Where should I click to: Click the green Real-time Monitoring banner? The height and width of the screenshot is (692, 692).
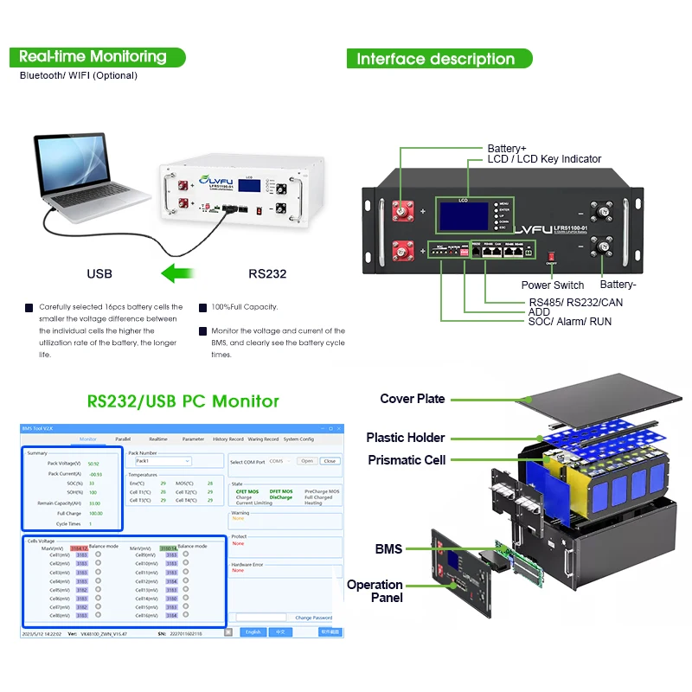coord(93,57)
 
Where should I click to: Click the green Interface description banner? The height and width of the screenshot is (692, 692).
coord(436,59)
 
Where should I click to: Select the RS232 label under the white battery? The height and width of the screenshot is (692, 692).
coord(267,274)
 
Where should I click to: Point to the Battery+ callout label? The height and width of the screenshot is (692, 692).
coord(507,149)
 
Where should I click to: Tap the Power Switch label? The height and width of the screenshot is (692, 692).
coord(553,285)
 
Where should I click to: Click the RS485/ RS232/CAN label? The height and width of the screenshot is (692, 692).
coord(575,302)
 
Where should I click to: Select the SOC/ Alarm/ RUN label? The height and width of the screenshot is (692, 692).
coord(570,322)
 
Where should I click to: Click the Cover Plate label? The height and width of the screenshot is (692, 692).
coord(413,399)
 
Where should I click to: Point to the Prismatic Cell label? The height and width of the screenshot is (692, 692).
coord(407,460)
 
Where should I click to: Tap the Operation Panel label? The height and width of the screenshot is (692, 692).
coord(375,591)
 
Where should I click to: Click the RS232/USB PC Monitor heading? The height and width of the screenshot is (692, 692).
coord(183,401)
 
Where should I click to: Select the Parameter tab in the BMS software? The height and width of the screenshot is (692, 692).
coord(193,439)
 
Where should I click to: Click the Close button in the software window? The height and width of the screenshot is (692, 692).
coord(330,461)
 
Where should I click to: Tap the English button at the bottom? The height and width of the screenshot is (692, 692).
coord(253,632)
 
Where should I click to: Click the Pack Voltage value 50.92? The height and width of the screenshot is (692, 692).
coord(94,464)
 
